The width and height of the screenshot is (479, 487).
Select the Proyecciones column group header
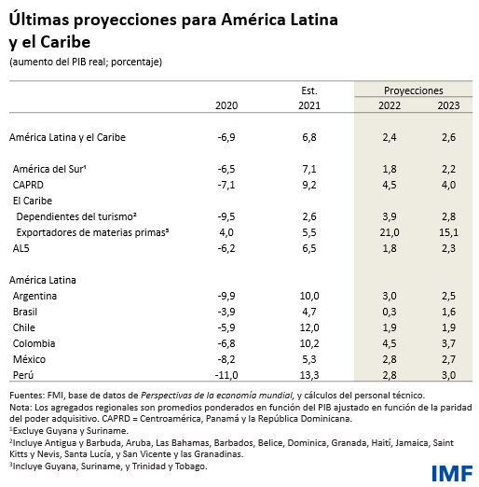pyautogui.click(x=413, y=90)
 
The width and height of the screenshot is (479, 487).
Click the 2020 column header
pyautogui.click(x=226, y=106)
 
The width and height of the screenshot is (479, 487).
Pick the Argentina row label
pyautogui.click(x=35, y=296)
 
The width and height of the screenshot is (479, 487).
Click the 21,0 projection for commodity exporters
pyautogui.click(x=390, y=232)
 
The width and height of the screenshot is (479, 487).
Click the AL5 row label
pyautogui.click(x=21, y=248)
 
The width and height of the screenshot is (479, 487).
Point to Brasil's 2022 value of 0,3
pyautogui.click(x=390, y=312)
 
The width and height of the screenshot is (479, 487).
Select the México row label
pyautogui.click(x=30, y=359)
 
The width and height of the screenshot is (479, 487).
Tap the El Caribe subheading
pyautogui.click(x=31, y=201)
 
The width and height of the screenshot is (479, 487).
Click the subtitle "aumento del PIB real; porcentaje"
pyautogui.click(x=86, y=62)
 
